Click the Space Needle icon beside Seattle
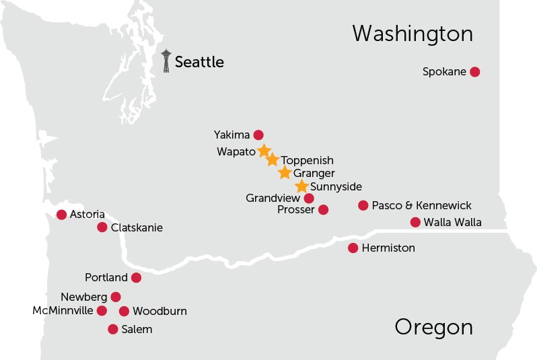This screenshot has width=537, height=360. tap(166, 61)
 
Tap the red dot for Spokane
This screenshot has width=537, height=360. tap(474, 72)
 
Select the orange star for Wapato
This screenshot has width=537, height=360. tap(264, 151)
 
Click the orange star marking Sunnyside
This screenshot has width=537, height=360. tap(301, 186)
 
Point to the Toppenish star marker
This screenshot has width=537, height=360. tap(272, 160)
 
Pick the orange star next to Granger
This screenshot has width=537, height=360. tap(285, 173)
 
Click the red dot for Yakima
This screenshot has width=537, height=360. tap(258, 135)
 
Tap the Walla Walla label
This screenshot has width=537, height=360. tap(453, 223)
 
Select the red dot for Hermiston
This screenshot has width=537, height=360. tap(353, 248)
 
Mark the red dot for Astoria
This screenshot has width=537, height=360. tap(62, 215)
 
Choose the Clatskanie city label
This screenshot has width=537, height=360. tap(137, 227)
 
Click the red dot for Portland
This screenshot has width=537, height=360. tap(136, 277)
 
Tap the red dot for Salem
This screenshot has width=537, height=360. tap(113, 329)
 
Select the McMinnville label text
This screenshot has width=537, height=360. tap(63, 311)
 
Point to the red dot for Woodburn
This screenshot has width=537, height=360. tap(124, 311)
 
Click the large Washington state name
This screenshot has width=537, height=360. tap(413, 34)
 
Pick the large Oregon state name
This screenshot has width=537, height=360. tap(433, 328)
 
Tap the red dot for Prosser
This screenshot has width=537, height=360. tap(323, 210)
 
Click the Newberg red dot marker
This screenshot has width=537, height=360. tap(116, 297)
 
